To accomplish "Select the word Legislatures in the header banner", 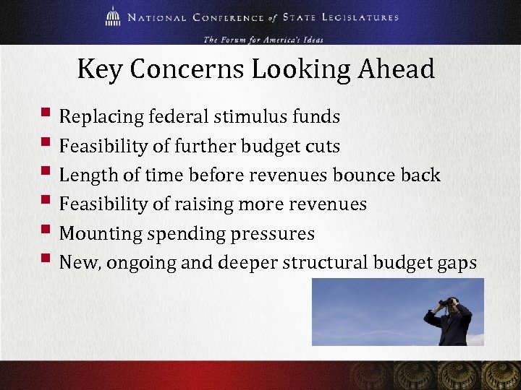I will click(355, 17).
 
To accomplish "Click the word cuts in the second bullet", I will click(321, 146).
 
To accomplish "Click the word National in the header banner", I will click(156, 17).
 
